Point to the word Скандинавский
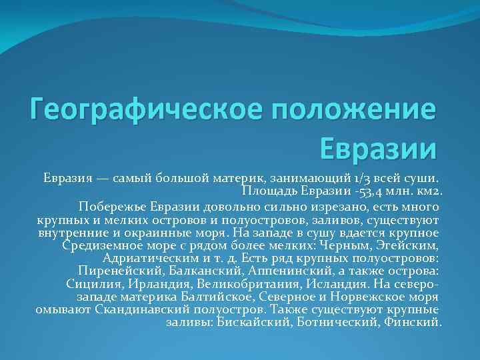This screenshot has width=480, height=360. coord(137,310)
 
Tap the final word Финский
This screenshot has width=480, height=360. coord(413,323)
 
